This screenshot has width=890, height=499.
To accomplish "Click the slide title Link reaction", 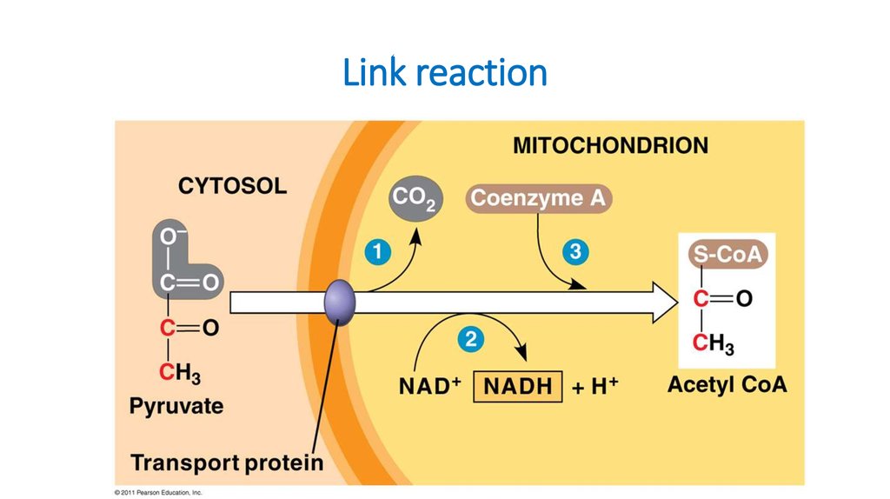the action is point(445,73).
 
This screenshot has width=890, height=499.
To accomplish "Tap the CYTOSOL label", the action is point(233,186).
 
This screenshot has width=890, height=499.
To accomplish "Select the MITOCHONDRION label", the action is point(611,145).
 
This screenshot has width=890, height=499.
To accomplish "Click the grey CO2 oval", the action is point(416,198).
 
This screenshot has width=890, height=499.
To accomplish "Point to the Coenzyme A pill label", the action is point(539,198).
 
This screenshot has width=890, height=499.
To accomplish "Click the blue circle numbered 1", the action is point(378,252).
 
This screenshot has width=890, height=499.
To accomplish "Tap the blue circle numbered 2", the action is point(471,340).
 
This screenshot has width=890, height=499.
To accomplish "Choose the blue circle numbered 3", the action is point(575,251).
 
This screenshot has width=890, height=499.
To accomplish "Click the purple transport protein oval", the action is point(340,302).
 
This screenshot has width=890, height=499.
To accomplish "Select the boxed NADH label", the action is point(518,387).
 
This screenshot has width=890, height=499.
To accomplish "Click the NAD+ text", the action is point(429,386).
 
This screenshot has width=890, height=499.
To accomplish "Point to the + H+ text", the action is point(594,386).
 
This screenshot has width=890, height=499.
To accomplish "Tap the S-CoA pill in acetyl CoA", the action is point(728,255).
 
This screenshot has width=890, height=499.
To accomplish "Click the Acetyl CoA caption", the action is point(727,384).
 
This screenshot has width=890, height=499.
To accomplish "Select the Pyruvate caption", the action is point(176,406).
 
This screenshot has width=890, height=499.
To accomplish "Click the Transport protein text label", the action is point(227,462).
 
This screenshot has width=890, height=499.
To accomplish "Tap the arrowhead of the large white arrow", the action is point(665,303).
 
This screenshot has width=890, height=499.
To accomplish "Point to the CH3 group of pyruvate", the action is point(180,373).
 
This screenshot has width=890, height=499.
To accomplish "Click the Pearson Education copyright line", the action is point(158,493).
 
